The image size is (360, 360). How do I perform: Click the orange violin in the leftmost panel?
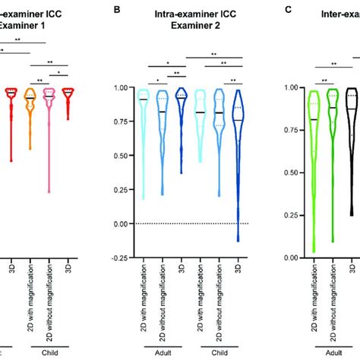pos(30,114)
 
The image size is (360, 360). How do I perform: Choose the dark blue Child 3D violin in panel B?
pos(238,152)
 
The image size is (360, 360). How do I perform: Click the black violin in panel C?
pos(351,129)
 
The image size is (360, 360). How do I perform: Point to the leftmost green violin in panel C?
pos(292,152)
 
